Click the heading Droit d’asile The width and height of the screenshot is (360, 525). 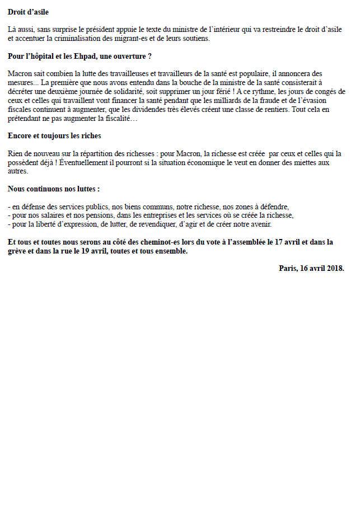(32, 11)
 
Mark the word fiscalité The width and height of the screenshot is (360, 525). (115, 118)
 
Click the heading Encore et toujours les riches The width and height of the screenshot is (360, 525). (54, 136)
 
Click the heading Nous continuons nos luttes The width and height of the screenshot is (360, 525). (54, 189)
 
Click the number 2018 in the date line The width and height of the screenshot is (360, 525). (333, 269)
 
